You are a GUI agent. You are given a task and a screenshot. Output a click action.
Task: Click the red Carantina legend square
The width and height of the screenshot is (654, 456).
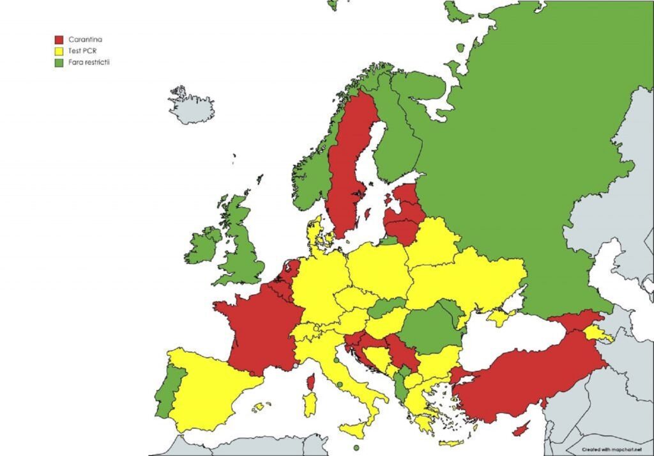[59, 40]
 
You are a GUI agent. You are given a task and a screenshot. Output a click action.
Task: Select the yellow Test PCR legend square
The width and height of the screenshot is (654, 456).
[59, 51]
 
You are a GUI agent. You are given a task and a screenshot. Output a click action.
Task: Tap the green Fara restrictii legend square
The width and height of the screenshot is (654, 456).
[59, 63]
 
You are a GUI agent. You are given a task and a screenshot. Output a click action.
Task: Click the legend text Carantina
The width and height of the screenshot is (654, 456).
[86, 40]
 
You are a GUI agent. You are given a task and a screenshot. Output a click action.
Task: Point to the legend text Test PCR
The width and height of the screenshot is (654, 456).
[82, 51]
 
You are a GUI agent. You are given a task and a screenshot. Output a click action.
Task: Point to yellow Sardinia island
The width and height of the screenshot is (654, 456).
[310, 404]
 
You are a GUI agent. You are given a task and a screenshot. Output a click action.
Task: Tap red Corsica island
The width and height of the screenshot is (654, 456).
[312, 382]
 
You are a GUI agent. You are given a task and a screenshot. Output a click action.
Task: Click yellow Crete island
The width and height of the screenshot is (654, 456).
[451, 443]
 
